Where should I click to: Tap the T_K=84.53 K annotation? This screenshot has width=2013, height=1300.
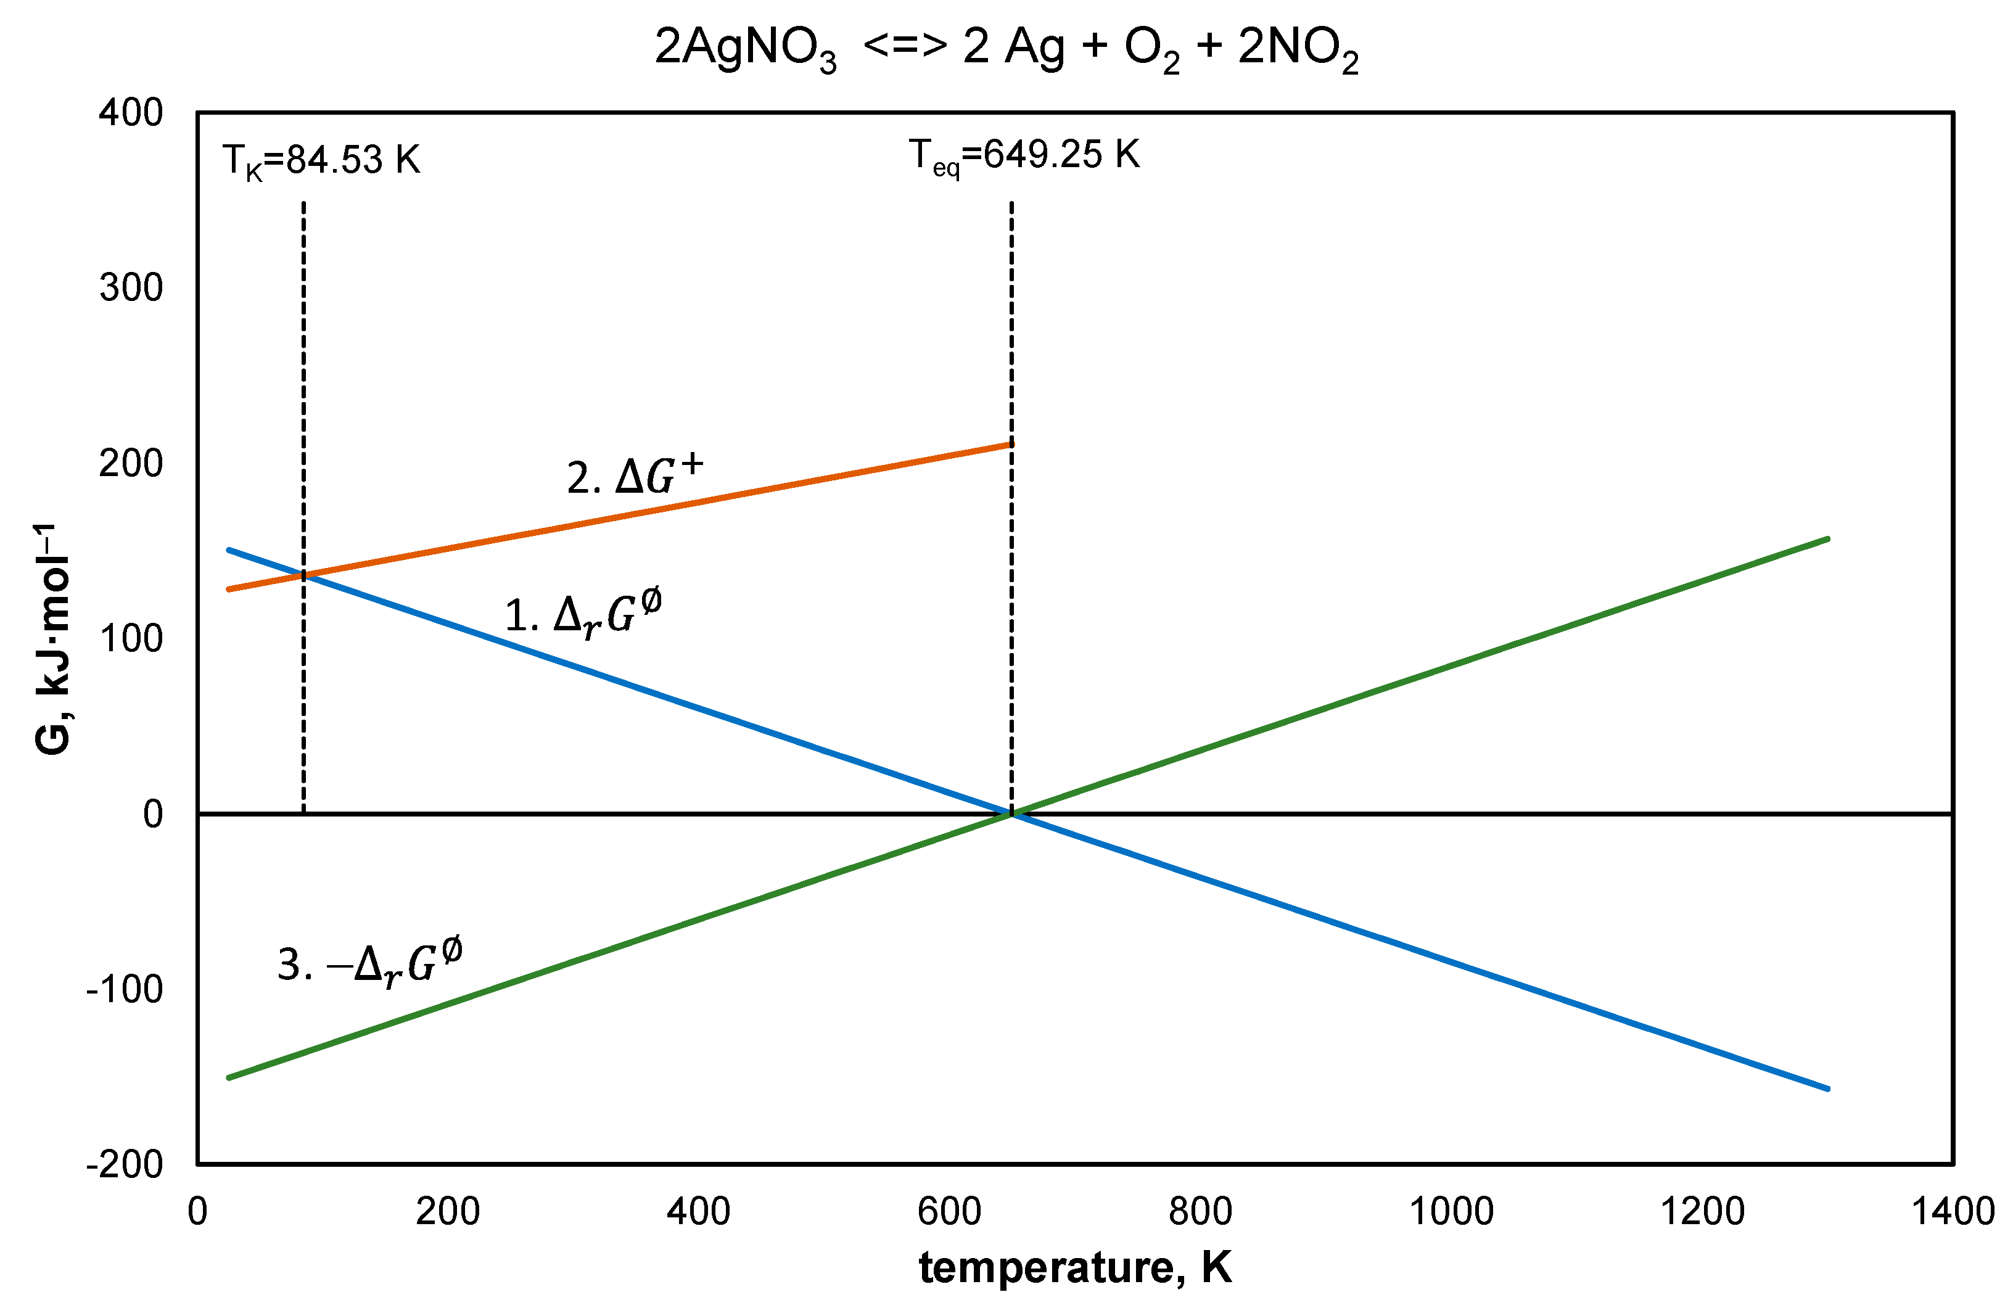321,160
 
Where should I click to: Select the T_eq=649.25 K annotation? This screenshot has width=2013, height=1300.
1024,156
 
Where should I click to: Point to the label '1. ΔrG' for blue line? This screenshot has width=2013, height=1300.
582,614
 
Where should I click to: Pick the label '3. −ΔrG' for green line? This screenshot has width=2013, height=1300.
369,961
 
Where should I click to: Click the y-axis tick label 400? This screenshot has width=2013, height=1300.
131,112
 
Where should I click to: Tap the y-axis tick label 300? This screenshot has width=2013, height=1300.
131,288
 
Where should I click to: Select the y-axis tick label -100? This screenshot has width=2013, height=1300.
125,989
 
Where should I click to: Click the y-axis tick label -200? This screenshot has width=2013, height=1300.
125,1164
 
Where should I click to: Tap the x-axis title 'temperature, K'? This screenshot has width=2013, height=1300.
1074,1268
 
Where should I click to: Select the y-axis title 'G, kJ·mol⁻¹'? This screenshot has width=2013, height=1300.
52,639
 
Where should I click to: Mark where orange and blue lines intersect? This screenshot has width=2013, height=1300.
304,576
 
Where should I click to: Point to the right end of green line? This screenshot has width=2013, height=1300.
1827,538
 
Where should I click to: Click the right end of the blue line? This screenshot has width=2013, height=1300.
1827,1089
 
